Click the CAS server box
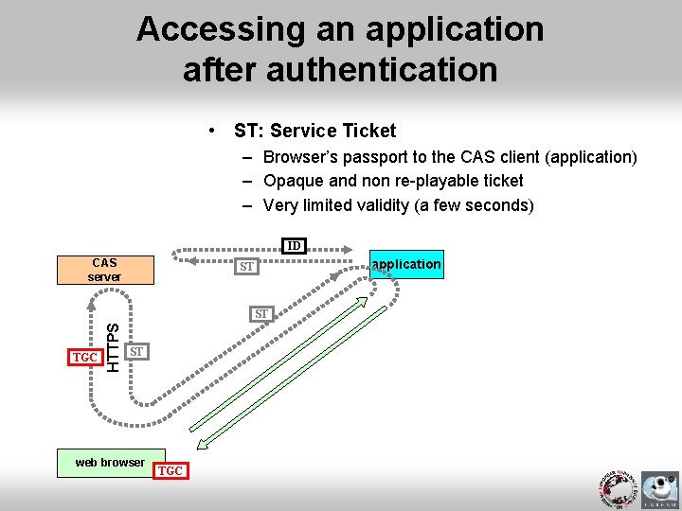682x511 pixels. pos(104,270)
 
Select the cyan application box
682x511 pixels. pos(406,264)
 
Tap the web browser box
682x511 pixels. pos(111,462)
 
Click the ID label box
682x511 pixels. pos(295,246)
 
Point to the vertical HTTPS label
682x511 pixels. pos(114,347)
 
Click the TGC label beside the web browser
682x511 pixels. pos(171,470)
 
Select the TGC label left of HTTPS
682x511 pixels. pos(85,358)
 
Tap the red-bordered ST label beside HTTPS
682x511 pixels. pos(136,352)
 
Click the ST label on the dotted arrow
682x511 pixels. pos(247,267)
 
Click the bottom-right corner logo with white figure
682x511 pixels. pos(659,490)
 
